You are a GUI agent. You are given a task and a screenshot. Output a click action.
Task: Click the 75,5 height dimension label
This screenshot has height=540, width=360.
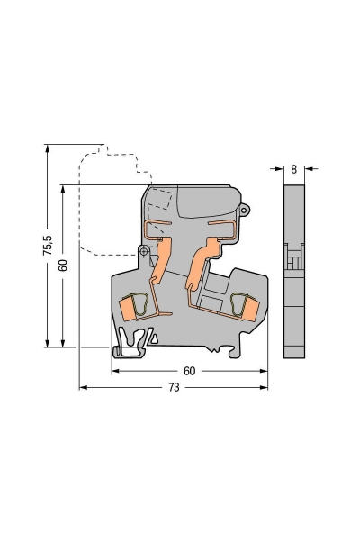pyautogui.click(x=48, y=245)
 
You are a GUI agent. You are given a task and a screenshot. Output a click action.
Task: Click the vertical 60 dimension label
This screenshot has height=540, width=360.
pyautogui.click(x=63, y=265)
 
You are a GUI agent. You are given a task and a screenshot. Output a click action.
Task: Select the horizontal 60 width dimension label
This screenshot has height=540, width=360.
pyautogui.click(x=190, y=371)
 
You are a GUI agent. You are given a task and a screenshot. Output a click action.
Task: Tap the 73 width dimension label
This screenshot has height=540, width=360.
pyautogui.click(x=174, y=387)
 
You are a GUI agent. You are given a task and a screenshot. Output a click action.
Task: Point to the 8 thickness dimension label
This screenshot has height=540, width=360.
pyautogui.click(x=294, y=169)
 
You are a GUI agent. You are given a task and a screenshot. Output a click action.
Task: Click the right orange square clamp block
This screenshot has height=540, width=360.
pyautogui.click(x=250, y=309)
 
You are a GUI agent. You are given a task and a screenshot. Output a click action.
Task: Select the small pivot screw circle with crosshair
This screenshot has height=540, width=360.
pyautogui.click(x=144, y=251)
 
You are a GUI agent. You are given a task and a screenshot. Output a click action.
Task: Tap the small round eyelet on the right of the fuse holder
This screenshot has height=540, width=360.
pyautogui.click(x=245, y=210)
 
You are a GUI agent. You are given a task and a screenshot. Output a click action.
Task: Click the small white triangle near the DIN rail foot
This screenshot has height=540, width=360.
pyautogui.click(x=155, y=339)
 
